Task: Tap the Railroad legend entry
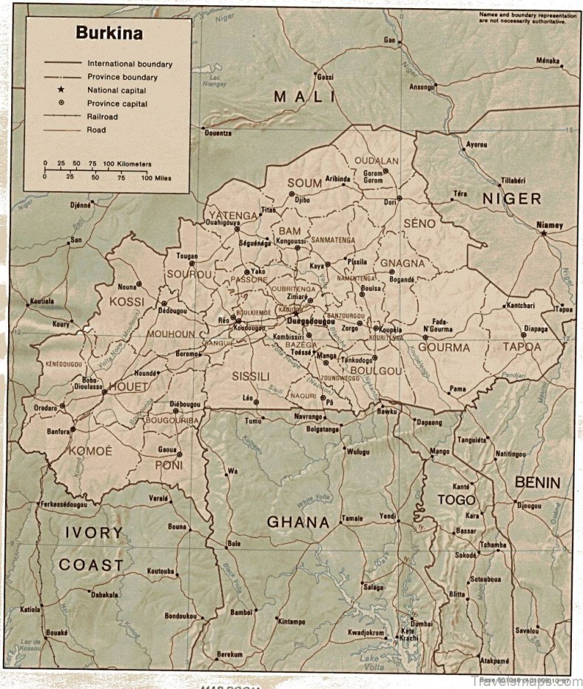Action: click(102, 117)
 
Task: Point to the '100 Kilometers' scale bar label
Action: click(127, 163)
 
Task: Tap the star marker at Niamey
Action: click(544, 233)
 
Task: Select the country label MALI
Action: click(304, 96)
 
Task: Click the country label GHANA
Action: click(297, 522)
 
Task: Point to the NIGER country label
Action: click(512, 198)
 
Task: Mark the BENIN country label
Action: click(538, 483)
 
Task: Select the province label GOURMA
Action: click(444, 346)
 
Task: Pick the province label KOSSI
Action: click(127, 301)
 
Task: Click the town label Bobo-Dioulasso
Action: click(87, 383)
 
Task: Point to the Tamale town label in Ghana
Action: click(352, 519)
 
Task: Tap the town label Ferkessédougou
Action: click(64, 504)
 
